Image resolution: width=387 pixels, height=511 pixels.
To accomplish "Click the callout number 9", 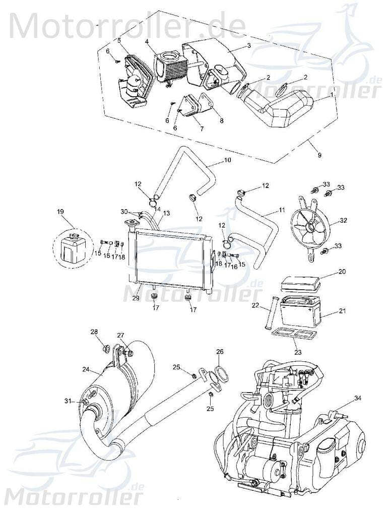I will pos(319,155).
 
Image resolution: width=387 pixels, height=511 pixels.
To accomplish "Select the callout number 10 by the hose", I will pos(227,161).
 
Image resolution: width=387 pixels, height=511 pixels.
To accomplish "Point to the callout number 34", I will pos(357,399).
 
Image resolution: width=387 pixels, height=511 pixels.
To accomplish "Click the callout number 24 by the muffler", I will pos(86,369).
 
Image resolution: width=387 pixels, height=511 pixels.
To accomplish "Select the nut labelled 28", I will pos(106,348).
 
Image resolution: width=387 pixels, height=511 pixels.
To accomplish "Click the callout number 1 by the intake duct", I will pos(331,94).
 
